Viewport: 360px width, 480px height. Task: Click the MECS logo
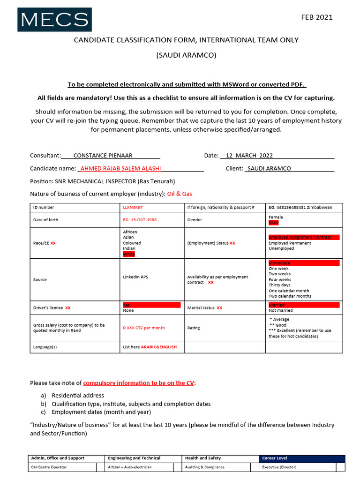tap(54, 20)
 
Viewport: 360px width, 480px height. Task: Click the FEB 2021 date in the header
tap(316, 17)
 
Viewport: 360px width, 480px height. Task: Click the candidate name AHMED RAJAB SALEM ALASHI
tap(121, 168)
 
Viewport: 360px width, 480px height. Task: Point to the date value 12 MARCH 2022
tap(249, 156)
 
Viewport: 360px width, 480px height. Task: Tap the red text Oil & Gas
tap(180, 194)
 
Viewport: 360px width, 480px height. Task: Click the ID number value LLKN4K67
tap(133, 207)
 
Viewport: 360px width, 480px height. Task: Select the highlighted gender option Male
tap(273, 223)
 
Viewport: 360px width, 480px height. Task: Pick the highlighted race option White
tap(129, 254)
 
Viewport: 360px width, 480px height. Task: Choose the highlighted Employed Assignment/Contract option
tap(300, 237)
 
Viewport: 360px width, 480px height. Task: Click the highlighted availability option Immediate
tap(280, 263)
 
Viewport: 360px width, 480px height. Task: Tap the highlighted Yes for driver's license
tap(127, 305)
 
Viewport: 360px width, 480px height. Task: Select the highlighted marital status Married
tap(277, 305)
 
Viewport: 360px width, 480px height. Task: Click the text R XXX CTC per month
tap(144, 328)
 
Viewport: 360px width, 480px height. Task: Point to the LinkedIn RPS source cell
tap(135, 277)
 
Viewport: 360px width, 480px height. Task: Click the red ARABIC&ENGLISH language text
tap(160, 347)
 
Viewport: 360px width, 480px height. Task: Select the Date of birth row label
tap(45, 219)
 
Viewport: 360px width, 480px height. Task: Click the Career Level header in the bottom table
tap(275, 458)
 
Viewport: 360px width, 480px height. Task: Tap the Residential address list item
tap(78, 396)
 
